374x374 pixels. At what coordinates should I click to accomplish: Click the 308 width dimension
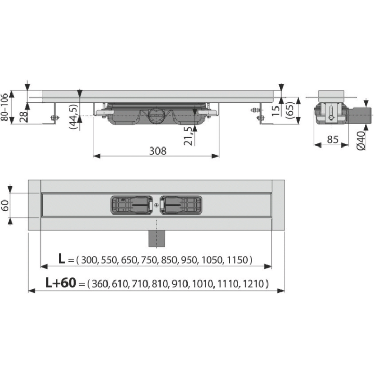(158, 151)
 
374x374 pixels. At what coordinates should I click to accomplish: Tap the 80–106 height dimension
(4, 107)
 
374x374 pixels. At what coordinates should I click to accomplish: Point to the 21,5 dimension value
(188, 136)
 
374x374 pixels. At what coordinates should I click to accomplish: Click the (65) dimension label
(290, 110)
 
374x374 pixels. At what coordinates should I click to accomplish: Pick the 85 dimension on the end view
(332, 140)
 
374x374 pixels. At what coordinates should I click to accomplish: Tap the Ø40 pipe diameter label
(361, 141)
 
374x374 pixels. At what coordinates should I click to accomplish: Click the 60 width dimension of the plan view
(5, 205)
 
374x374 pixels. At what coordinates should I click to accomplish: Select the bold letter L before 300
(61, 259)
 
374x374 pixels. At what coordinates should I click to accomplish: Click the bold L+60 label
(61, 283)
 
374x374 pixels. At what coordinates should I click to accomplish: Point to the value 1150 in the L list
(238, 260)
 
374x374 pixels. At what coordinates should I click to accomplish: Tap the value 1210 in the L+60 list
(253, 284)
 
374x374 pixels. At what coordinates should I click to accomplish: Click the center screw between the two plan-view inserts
(156, 205)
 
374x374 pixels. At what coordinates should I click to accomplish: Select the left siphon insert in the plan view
(131, 205)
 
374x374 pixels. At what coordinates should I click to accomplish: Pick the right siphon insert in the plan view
(181, 205)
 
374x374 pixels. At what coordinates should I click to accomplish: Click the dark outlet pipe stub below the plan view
(156, 238)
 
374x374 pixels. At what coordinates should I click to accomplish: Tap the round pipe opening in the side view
(156, 116)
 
